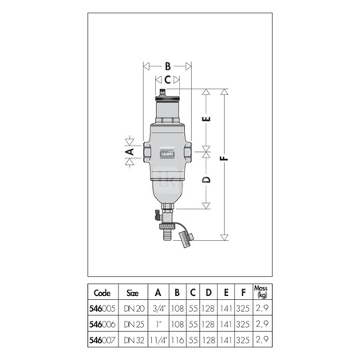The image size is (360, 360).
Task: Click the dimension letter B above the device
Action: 167,66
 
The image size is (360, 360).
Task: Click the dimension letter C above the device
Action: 168,80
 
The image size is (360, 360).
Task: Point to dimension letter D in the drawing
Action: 207,181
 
